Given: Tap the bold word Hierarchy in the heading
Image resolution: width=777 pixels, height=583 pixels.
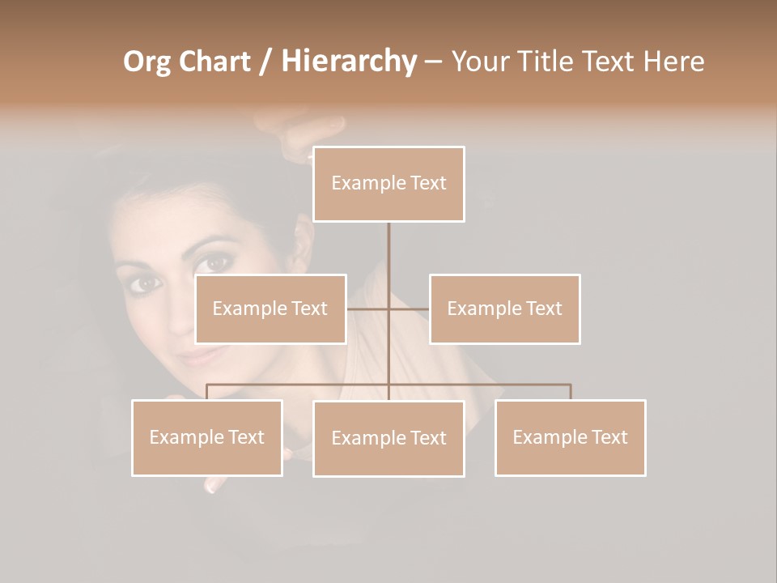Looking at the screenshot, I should click(x=349, y=62).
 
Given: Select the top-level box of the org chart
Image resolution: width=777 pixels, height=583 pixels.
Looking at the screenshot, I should click(x=388, y=184).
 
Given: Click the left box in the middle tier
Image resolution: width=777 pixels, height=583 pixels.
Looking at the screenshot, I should click(x=270, y=309).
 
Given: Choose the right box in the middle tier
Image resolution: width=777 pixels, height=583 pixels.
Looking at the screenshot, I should click(x=504, y=309).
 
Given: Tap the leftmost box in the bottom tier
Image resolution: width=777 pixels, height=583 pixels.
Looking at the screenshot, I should click(x=207, y=437).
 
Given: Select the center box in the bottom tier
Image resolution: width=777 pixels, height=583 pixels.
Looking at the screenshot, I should click(x=388, y=438).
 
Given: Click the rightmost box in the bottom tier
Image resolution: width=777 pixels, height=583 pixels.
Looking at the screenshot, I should click(x=570, y=437).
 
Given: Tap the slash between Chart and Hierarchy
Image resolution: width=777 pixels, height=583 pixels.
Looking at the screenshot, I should click(x=265, y=62).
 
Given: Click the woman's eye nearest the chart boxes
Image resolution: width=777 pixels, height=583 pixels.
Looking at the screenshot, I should click(x=216, y=262).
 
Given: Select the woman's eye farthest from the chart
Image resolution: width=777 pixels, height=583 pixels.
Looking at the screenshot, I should click(x=145, y=283).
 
